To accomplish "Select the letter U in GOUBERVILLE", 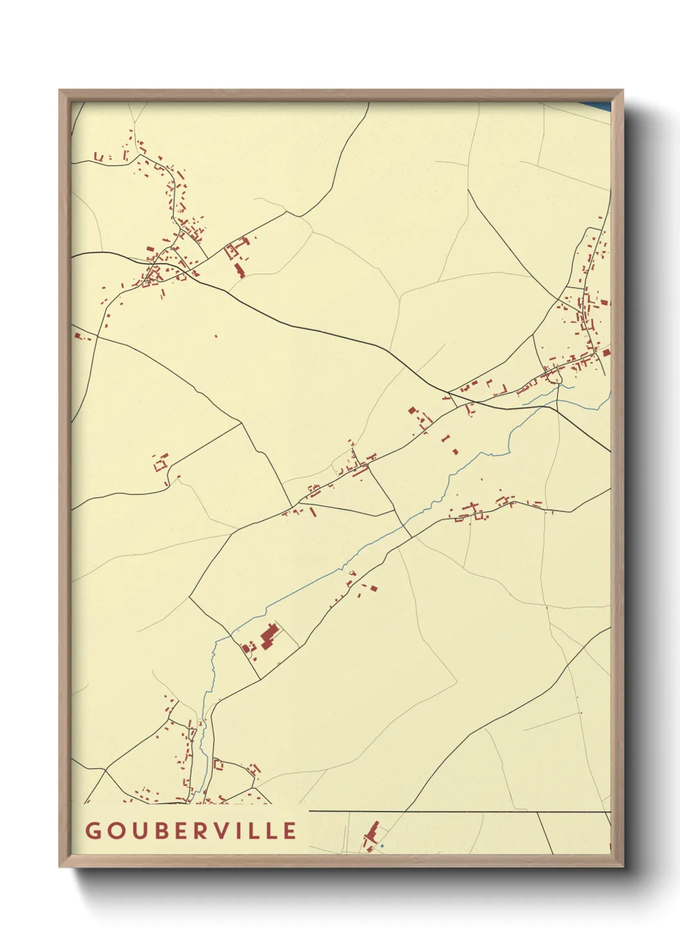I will pos(141,831).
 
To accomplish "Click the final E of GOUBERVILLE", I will pos(291,831).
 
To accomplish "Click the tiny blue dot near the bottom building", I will pos(382,846).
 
